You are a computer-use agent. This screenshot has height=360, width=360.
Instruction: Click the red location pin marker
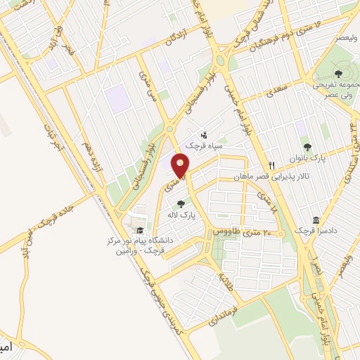[x=181, y=166]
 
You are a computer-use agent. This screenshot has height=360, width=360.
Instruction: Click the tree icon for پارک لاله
[x=181, y=204]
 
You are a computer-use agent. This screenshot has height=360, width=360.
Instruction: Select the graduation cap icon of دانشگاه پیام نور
[x=140, y=230]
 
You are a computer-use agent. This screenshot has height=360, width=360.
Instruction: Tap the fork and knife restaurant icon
[x=262, y=165]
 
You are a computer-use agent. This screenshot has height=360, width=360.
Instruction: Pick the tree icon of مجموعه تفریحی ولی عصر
[x=338, y=73]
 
